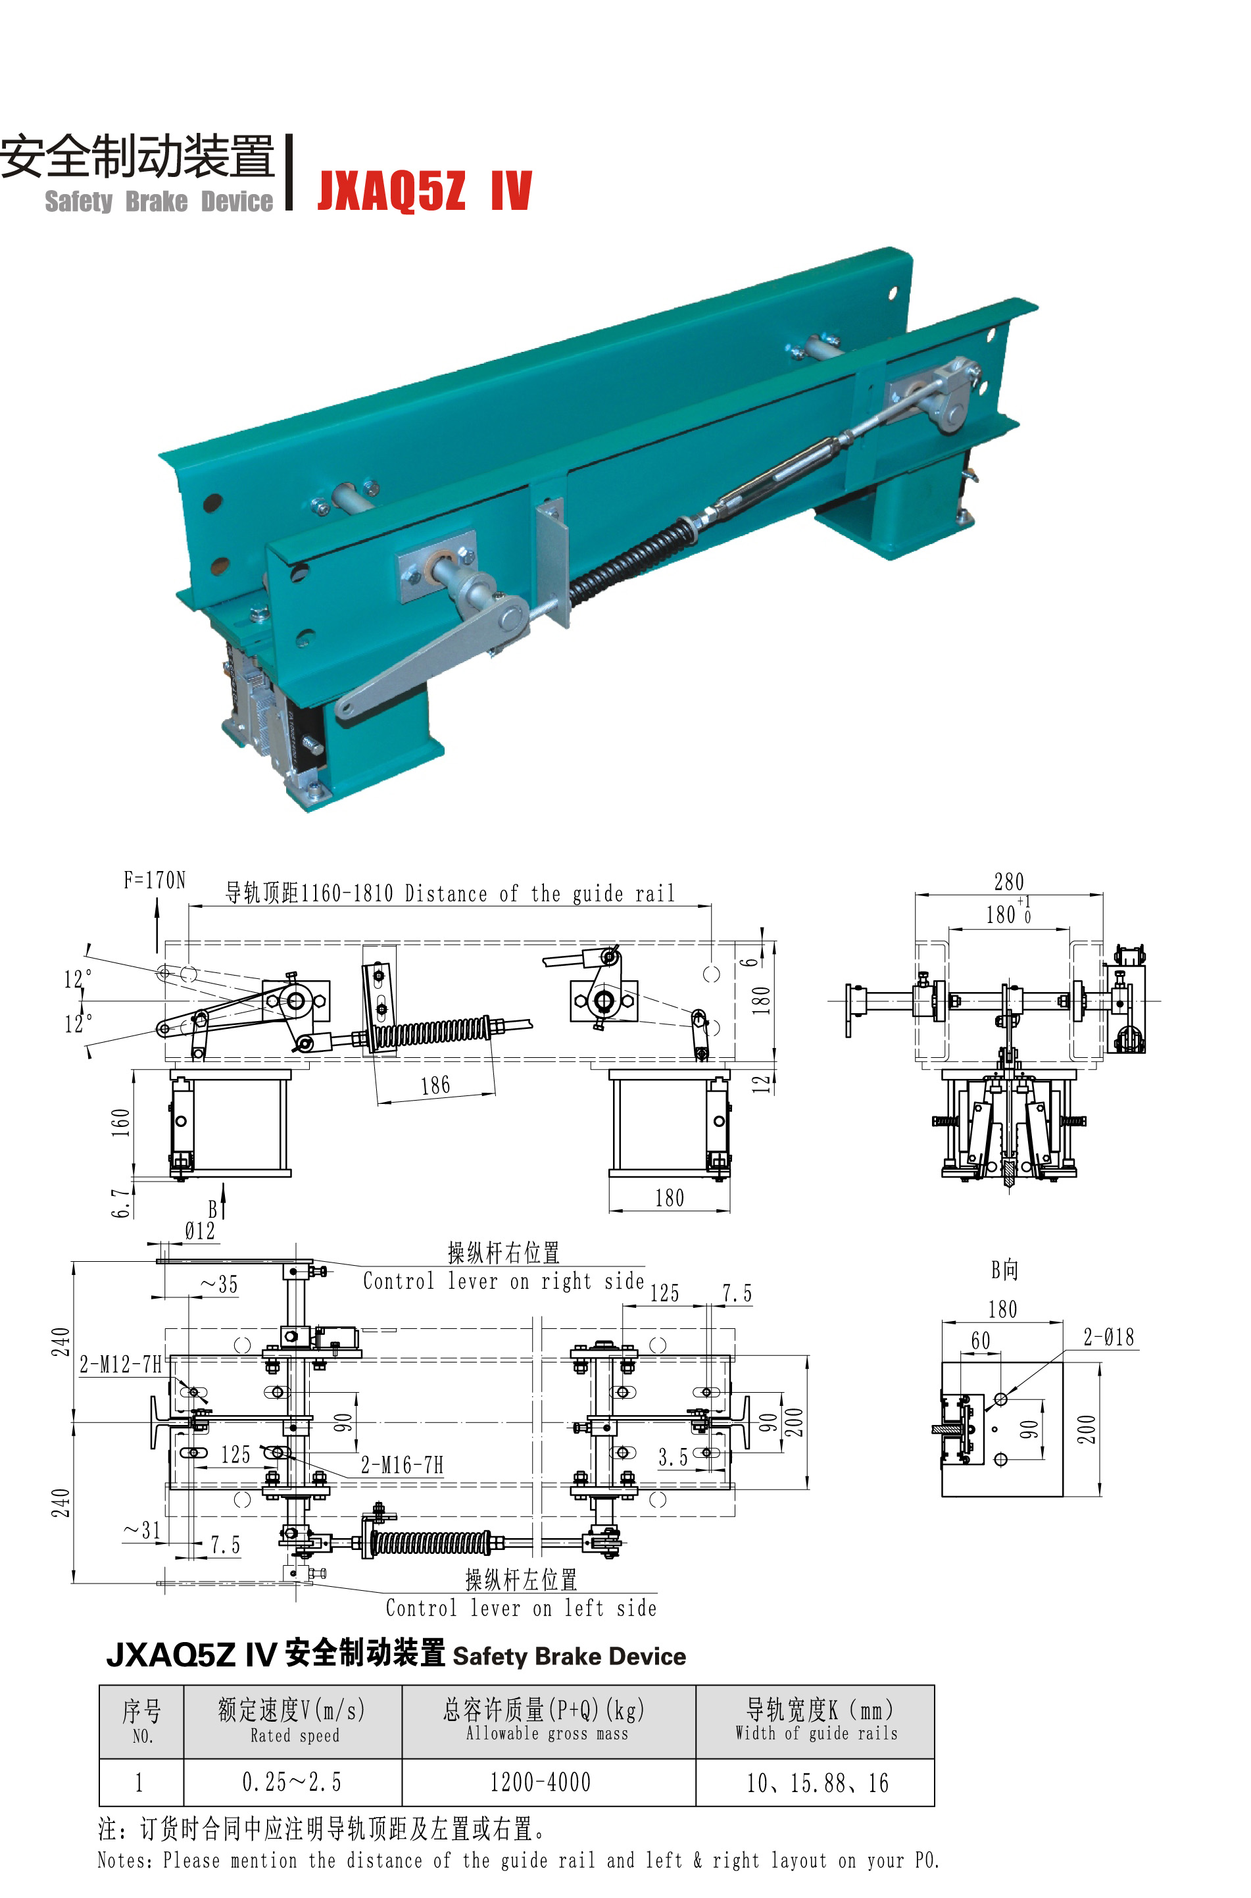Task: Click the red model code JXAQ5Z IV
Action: point(424,191)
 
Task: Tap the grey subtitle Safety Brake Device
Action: point(159,202)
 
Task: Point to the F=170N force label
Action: point(155,880)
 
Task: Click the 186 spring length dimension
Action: point(435,1085)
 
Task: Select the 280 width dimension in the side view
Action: point(1009,882)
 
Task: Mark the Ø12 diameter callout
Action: point(199,1231)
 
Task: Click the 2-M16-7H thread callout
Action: point(402,1465)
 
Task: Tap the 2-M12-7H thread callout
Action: point(120,1364)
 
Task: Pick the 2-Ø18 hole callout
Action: point(1109,1337)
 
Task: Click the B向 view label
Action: point(1004,1269)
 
